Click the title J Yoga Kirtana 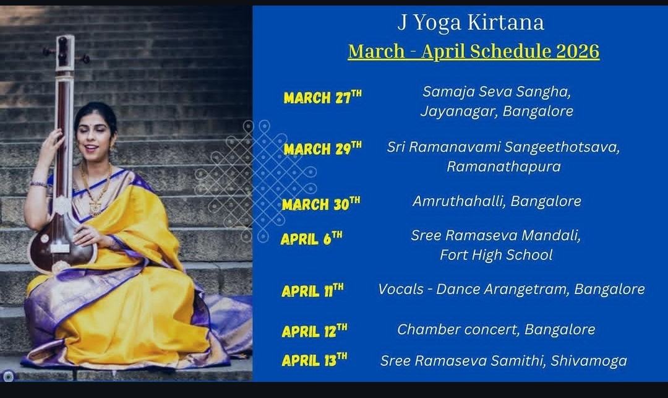pyautogui.click(x=471, y=23)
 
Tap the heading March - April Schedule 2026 pyautogui.click(x=473, y=51)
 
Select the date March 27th pyautogui.click(x=322, y=97)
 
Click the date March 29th pyautogui.click(x=322, y=149)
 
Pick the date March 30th pyautogui.click(x=320, y=204)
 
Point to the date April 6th pyautogui.click(x=311, y=238)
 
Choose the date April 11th pyautogui.click(x=312, y=290)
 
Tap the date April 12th pyautogui.click(x=314, y=331)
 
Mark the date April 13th pyautogui.click(x=314, y=360)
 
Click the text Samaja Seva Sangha pyautogui.click(x=497, y=92)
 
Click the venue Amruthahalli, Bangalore pyautogui.click(x=497, y=201)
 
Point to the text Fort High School pyautogui.click(x=496, y=254)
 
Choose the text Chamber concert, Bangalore pyautogui.click(x=496, y=329)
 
